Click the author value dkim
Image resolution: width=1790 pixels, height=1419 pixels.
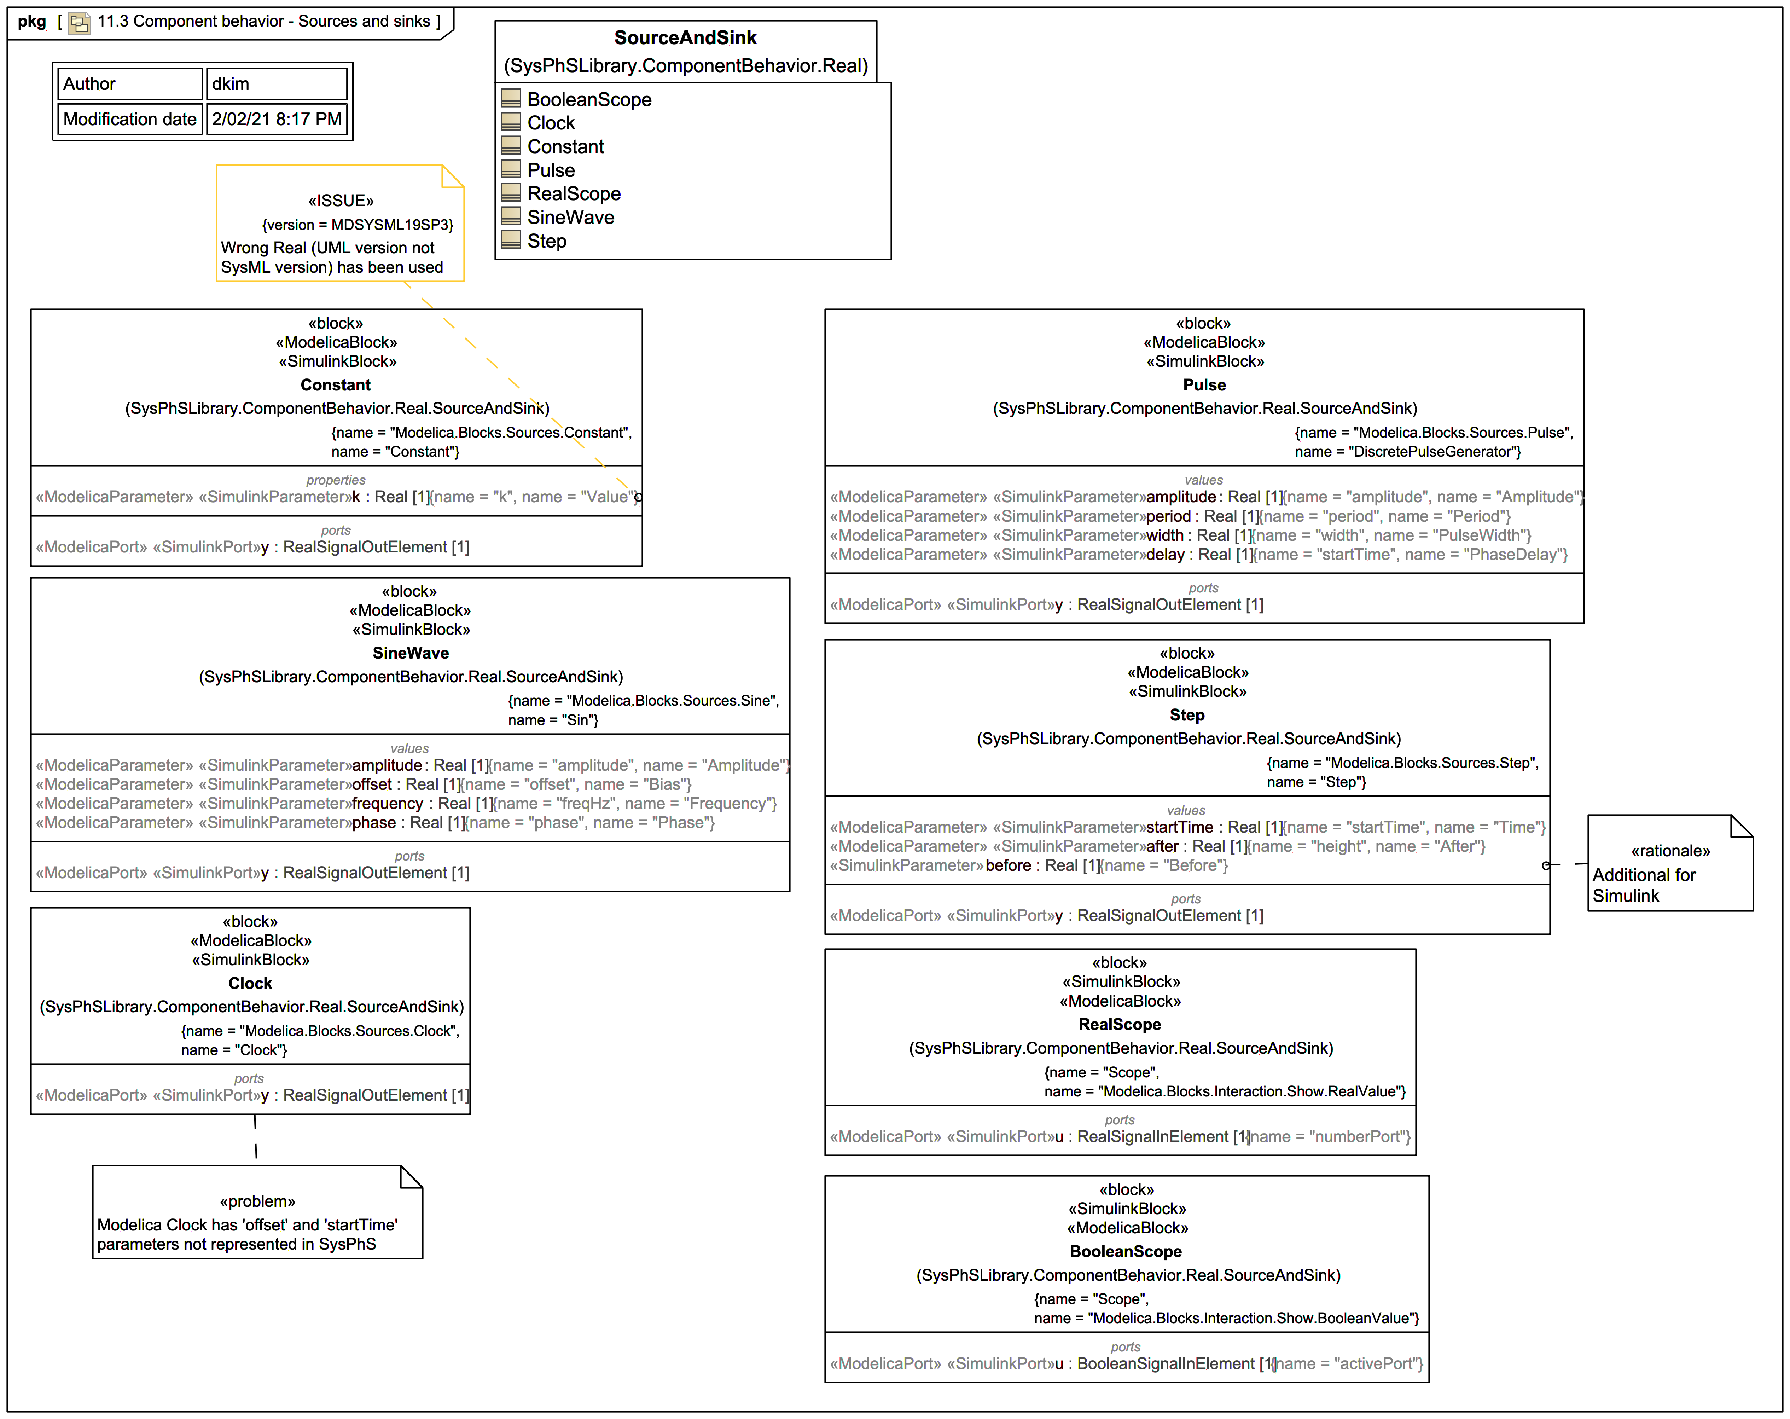pos(230,84)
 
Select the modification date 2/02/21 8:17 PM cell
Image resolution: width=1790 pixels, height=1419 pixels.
pos(277,119)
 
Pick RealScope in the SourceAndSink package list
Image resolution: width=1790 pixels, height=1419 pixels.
pos(574,193)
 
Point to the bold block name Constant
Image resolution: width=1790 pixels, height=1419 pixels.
pos(336,384)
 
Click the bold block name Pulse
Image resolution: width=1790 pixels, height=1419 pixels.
pos(1204,384)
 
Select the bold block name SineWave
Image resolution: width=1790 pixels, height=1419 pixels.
pos(410,653)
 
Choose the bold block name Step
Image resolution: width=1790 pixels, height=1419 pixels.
pos(1186,715)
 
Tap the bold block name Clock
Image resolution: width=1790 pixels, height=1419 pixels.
pos(250,983)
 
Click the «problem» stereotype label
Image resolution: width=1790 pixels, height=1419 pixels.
pos(257,1201)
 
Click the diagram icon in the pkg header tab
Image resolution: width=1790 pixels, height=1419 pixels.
pos(79,22)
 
